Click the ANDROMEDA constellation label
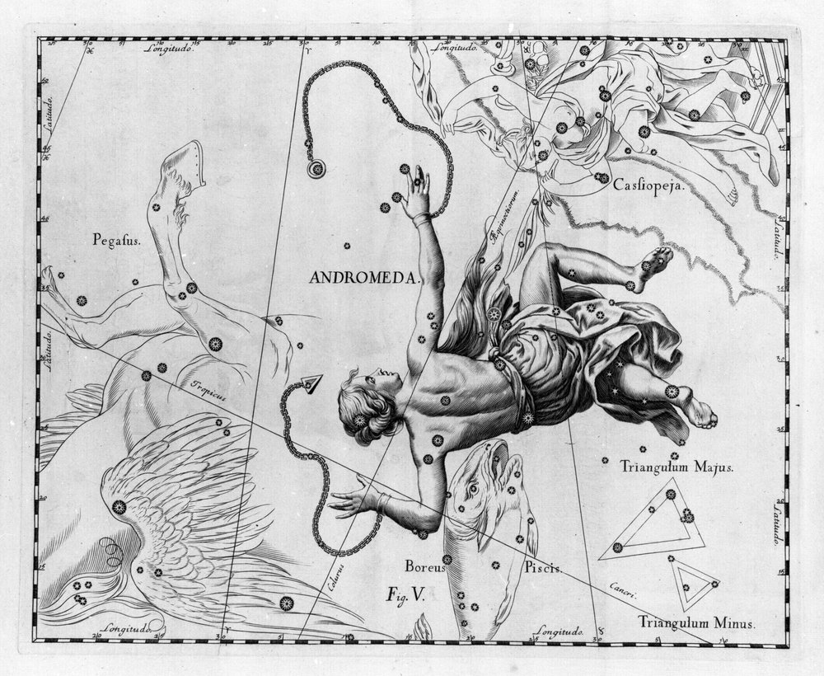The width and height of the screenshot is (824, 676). [365, 278]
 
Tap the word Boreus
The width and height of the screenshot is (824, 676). [424, 567]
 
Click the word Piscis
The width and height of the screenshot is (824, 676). [542, 568]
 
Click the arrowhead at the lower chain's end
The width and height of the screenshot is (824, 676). [311, 383]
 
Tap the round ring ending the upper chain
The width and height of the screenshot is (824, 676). [315, 169]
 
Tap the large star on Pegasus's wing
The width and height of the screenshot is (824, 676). [119, 506]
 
